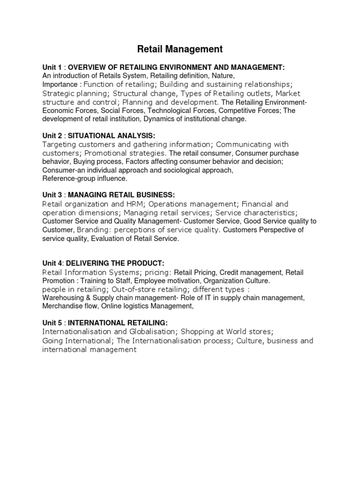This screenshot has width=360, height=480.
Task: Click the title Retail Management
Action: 180,49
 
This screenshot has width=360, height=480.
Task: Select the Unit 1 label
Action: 51,68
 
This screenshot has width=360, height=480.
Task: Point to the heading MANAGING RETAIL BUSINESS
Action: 122,195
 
